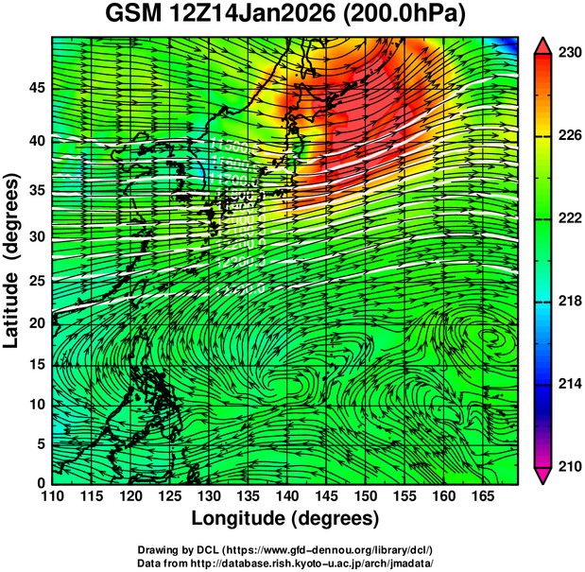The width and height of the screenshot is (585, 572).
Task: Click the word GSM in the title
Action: [x=129, y=16]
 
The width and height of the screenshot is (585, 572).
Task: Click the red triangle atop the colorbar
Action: [x=543, y=45]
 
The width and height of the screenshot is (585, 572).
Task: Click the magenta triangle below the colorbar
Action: [x=543, y=475]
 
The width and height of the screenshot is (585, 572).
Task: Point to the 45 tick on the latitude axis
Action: [x=36, y=88]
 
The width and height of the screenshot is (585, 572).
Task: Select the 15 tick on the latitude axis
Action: [x=36, y=365]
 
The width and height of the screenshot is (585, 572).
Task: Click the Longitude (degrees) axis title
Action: [x=285, y=518]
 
